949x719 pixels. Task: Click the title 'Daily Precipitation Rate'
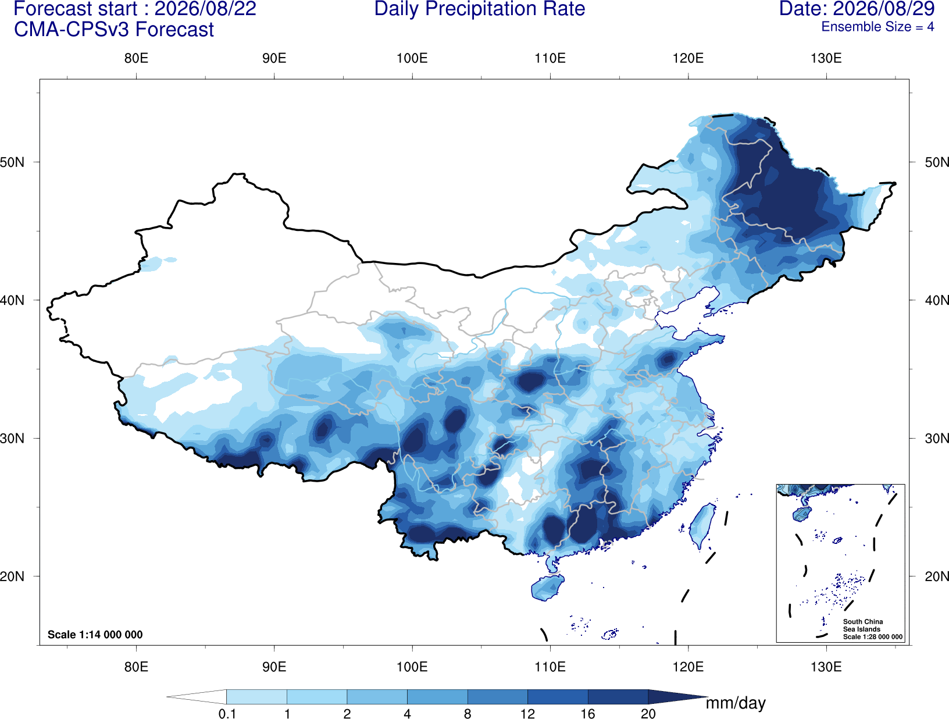[480, 9]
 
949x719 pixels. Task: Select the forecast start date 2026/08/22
[205, 9]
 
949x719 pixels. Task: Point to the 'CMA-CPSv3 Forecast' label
[114, 30]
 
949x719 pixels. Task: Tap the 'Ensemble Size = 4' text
[877, 27]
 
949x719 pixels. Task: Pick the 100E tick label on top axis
[412, 58]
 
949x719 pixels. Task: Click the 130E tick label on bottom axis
[826, 667]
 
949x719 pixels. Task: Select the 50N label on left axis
[12, 162]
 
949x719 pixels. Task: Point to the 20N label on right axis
[937, 576]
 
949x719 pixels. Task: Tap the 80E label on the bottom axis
[136, 667]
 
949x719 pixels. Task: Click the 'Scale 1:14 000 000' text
[95, 634]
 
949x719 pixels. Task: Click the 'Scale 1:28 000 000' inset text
[872, 637]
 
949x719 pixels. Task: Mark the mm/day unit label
[736, 703]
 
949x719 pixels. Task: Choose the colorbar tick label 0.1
[227, 714]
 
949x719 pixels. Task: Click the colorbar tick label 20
[648, 714]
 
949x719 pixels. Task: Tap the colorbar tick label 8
[468, 714]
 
